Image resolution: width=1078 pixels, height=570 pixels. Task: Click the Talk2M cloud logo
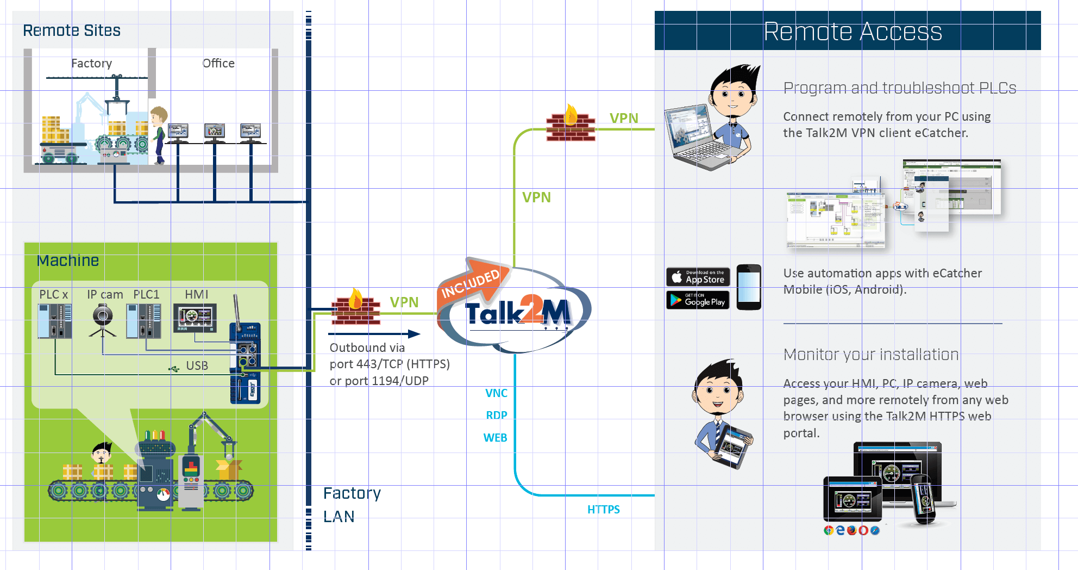(516, 313)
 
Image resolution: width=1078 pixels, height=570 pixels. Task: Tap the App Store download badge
(698, 277)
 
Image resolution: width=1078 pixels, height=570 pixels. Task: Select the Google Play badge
(698, 300)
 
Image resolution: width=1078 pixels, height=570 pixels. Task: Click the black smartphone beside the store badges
(749, 287)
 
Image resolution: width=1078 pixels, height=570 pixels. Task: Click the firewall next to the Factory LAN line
(355, 308)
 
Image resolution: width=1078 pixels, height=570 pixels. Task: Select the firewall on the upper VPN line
(571, 125)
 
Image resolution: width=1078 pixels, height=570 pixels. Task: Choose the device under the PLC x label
(54, 321)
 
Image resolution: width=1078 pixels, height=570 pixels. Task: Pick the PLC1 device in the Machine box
(143, 321)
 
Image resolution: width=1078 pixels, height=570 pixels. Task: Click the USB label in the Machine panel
(197, 366)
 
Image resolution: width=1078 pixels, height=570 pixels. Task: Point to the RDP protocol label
(496, 416)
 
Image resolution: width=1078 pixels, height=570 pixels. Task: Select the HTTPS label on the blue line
(603, 510)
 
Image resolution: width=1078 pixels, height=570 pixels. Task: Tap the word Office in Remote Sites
(218, 64)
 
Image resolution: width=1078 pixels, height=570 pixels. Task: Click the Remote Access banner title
(853, 32)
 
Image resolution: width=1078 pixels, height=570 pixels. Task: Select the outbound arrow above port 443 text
(374, 334)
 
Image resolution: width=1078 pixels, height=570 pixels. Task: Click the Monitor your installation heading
(871, 355)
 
